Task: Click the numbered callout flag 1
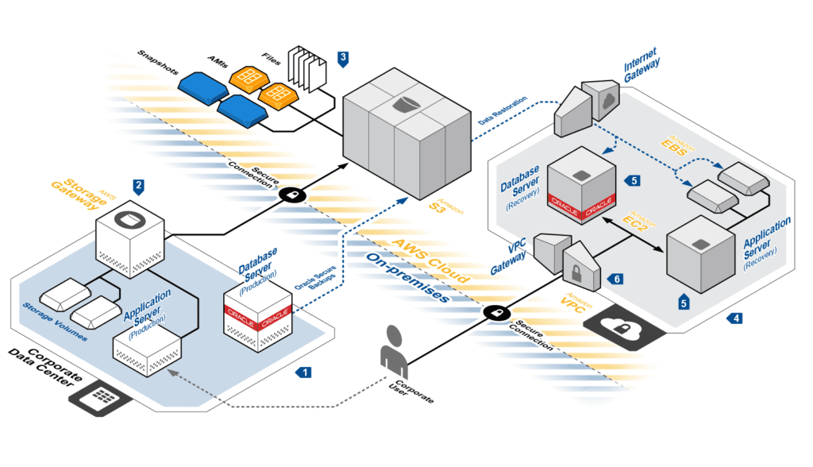(x=303, y=371)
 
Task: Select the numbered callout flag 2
(x=139, y=187)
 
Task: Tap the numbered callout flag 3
(x=342, y=57)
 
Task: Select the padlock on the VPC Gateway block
(x=576, y=272)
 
